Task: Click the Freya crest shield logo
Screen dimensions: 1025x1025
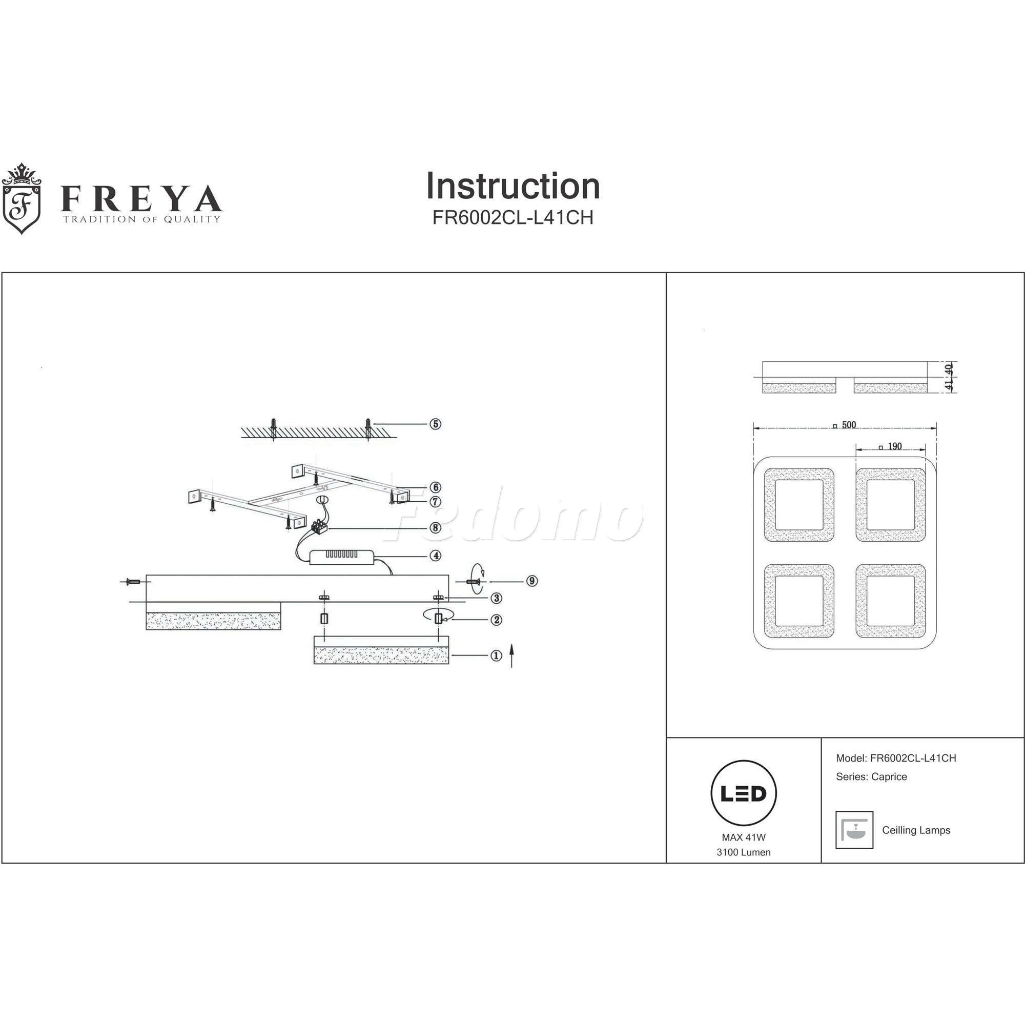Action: [x=22, y=199]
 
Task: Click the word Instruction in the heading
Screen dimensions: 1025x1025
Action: [x=512, y=186]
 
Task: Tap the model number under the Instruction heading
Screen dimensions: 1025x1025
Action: [x=512, y=217]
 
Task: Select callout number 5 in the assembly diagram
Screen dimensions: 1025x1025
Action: [x=435, y=424]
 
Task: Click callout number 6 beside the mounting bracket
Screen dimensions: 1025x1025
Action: [x=435, y=487]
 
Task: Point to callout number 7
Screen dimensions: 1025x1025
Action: [x=435, y=501]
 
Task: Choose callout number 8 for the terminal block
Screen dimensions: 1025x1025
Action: [x=435, y=527]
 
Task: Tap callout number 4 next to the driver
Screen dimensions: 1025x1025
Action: [x=435, y=556]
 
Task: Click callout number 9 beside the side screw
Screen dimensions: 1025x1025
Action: [x=532, y=581]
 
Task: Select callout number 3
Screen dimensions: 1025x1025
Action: [x=496, y=598]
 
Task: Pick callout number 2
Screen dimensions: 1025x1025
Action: [x=496, y=619]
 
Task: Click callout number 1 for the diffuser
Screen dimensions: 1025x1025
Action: [x=496, y=656]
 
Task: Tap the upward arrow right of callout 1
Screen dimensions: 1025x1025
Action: [x=511, y=656]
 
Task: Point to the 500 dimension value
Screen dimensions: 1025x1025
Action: [x=849, y=425]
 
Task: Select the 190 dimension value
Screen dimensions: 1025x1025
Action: [x=894, y=446]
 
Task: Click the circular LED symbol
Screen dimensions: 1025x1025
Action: [x=743, y=794]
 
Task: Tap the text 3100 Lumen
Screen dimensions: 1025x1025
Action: [x=743, y=853]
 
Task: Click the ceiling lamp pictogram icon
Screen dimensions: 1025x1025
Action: [x=854, y=830]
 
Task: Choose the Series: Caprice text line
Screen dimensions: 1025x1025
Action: [x=871, y=777]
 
